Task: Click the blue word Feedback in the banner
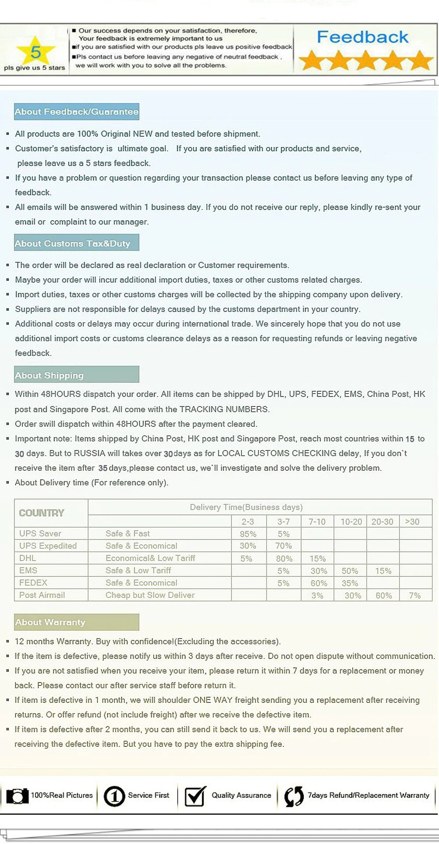coord(363,37)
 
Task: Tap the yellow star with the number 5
coord(36,52)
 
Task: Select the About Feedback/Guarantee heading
coord(76,112)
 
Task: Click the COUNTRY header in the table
coord(42,513)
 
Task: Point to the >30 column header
coord(412,521)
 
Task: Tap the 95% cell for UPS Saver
coord(248,534)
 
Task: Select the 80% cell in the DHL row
coord(284,559)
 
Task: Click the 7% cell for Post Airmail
coord(414,596)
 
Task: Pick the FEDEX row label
coord(33,583)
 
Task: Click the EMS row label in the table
coord(29,571)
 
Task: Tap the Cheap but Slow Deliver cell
coord(150,595)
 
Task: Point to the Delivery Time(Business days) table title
coord(246,507)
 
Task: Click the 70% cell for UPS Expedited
coord(284,546)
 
